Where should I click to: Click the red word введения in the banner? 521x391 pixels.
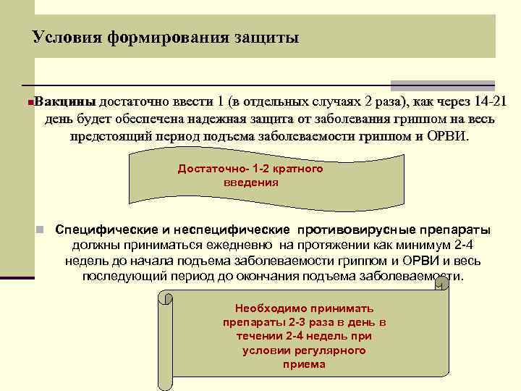coord(250,182)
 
